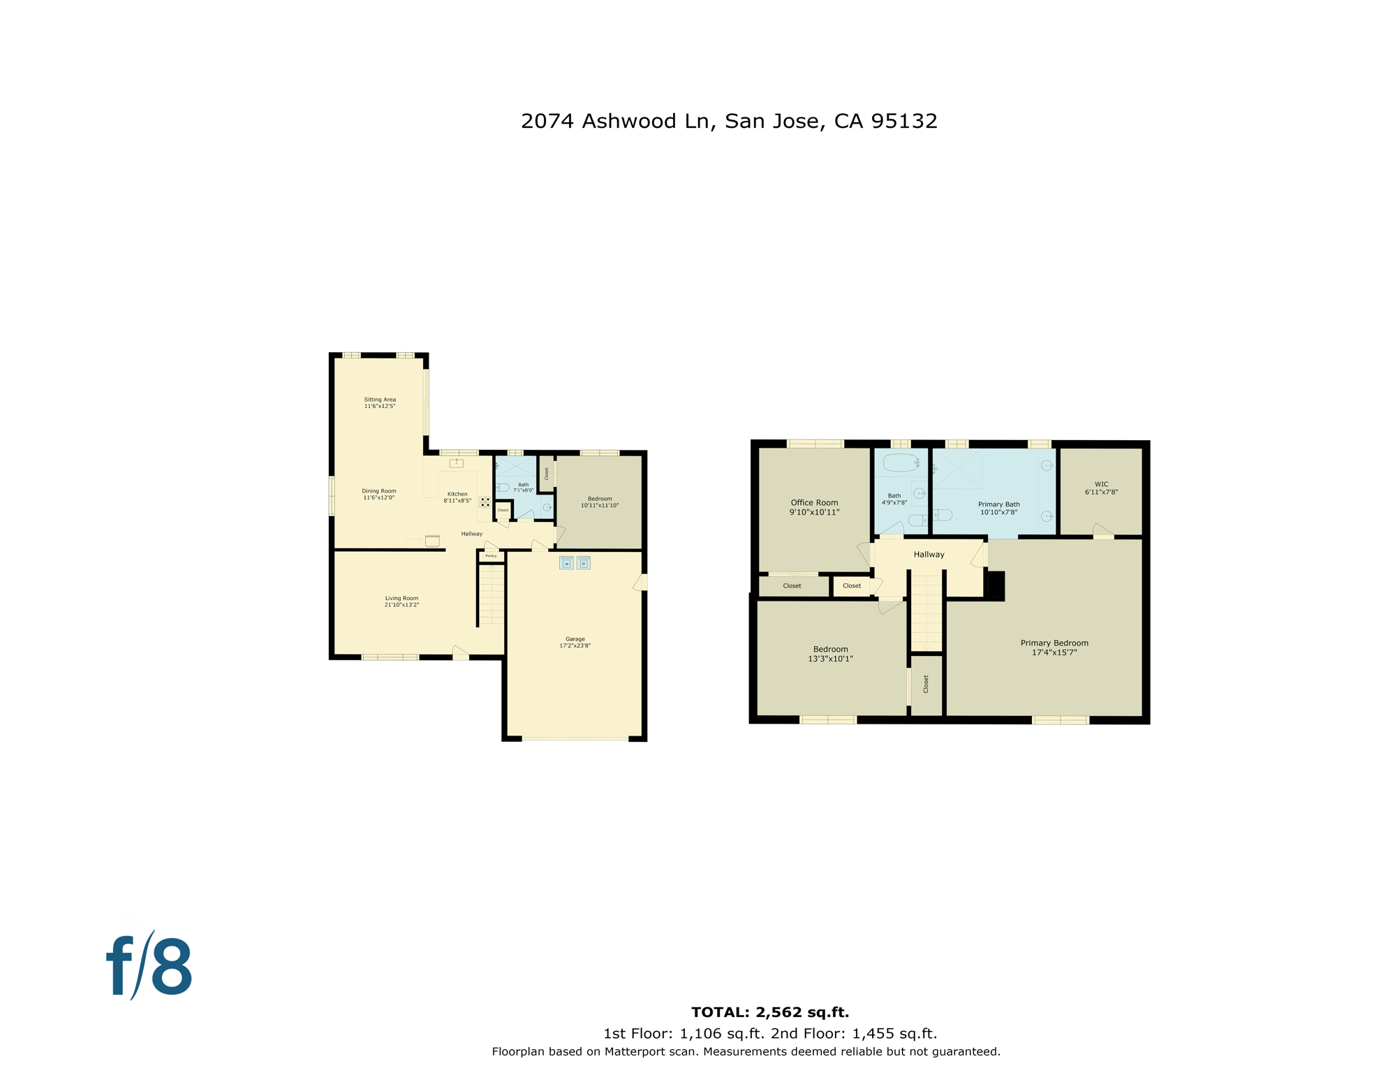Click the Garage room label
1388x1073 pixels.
click(x=575, y=639)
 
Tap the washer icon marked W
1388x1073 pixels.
click(x=566, y=563)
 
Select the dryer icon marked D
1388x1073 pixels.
click(x=584, y=563)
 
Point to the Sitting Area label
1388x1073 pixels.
click(x=380, y=400)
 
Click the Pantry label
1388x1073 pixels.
click(x=491, y=556)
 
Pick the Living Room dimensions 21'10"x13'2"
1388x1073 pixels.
click(x=401, y=605)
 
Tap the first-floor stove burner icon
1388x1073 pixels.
click(x=485, y=502)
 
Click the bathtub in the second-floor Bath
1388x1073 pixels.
click(x=900, y=462)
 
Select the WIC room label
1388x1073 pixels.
click(x=1101, y=484)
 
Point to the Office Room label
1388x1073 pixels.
click(x=814, y=502)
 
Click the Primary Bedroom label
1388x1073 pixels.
click(x=1054, y=643)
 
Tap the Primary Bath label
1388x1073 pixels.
click(x=998, y=504)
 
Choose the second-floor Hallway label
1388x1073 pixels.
click(x=929, y=555)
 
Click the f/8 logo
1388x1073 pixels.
click(x=149, y=967)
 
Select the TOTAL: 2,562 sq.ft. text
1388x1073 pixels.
click(x=769, y=1012)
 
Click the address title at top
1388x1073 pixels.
click(x=729, y=121)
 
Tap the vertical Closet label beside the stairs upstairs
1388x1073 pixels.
click(x=926, y=684)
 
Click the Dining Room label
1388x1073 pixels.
click(x=379, y=491)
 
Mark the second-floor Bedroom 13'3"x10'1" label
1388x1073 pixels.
click(x=830, y=650)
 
